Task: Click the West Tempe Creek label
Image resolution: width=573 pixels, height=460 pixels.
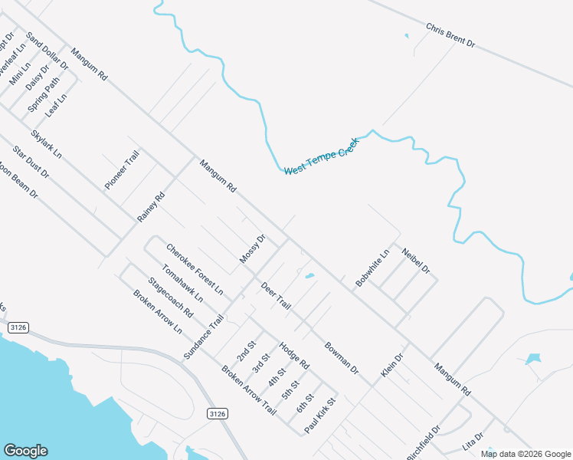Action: (x=321, y=156)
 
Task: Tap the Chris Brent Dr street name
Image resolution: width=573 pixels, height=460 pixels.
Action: (x=450, y=36)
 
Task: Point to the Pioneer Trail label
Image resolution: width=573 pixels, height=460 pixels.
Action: (x=122, y=170)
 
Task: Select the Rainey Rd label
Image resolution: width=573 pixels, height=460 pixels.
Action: (x=151, y=207)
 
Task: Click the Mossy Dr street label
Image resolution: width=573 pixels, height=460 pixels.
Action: (x=252, y=249)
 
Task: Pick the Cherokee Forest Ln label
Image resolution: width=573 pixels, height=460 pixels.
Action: (x=195, y=269)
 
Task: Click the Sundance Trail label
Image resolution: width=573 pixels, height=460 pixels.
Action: (x=204, y=337)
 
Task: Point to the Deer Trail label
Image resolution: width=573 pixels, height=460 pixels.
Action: (x=276, y=296)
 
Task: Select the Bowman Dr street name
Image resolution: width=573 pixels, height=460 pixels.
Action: (x=341, y=357)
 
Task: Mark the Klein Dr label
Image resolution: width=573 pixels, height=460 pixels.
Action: (x=391, y=366)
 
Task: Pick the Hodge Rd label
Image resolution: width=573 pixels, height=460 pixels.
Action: (x=293, y=354)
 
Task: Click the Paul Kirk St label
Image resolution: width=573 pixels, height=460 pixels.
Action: (x=320, y=416)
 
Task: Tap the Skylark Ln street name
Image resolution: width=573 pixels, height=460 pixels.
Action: (x=46, y=144)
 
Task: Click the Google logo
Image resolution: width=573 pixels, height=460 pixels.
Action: (x=25, y=451)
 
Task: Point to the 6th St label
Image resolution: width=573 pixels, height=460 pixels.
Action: (x=305, y=402)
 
